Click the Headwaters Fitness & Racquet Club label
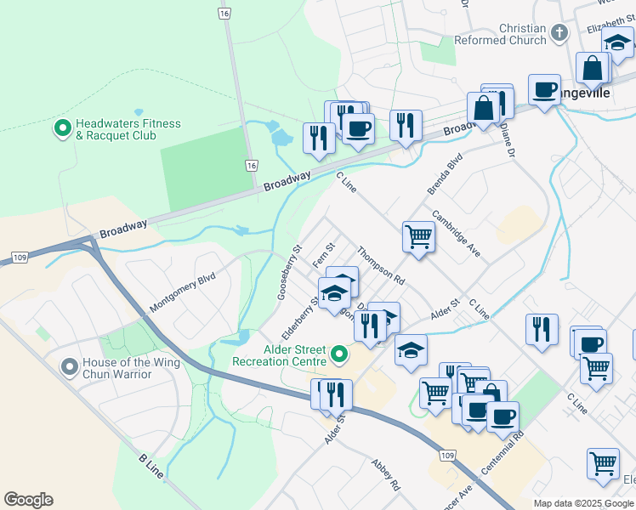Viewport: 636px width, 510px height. coord(128,129)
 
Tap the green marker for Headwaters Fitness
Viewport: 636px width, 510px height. coord(62,129)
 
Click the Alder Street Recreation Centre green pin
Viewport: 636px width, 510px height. coord(339,353)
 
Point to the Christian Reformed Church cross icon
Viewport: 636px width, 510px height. coord(559,34)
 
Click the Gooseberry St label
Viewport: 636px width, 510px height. coord(289,273)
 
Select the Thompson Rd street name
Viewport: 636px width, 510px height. coord(381,264)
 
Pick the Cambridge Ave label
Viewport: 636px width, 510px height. coord(457,235)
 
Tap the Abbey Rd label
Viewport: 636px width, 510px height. coord(385,476)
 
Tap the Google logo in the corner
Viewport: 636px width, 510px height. coord(28,500)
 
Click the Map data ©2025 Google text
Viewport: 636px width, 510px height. coord(583,503)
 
